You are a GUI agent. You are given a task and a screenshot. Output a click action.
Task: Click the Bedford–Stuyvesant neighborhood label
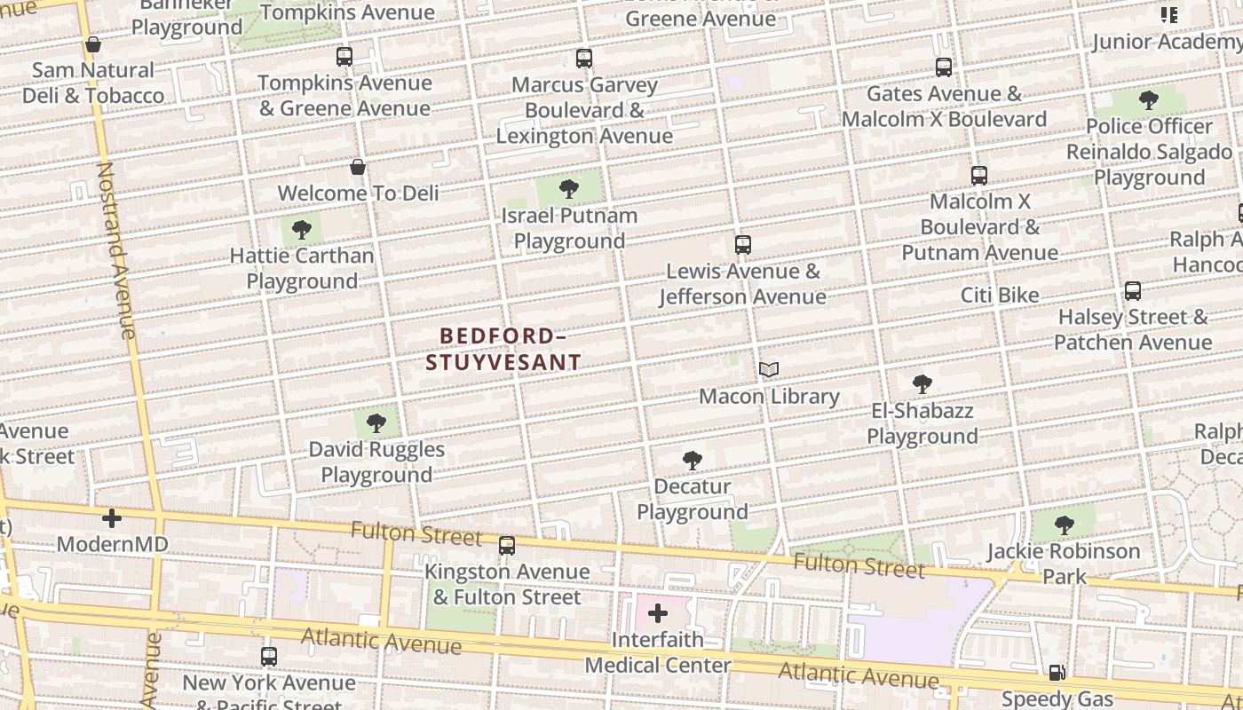pos(503,349)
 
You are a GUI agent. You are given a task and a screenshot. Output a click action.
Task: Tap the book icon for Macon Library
pos(769,370)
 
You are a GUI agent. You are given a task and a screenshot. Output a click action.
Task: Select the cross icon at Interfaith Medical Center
pos(658,613)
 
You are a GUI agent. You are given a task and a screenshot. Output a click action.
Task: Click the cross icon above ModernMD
pos(112,518)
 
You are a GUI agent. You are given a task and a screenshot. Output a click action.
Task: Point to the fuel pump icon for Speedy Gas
pos(1057,673)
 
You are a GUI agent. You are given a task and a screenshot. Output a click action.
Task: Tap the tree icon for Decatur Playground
pos(693,461)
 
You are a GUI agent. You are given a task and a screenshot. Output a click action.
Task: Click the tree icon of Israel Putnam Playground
pos(569,189)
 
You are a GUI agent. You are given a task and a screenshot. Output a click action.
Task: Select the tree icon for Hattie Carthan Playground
pos(302,230)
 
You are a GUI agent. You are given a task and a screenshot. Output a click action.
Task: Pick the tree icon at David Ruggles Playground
pos(376,422)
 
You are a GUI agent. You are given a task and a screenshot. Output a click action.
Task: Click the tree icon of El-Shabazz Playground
pos(922,384)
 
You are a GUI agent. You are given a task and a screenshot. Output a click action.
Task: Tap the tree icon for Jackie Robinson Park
pos(1065,525)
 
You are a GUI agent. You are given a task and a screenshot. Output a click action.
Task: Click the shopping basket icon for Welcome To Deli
pos(358,167)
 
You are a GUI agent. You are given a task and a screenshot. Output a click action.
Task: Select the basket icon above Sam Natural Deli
pos(93,44)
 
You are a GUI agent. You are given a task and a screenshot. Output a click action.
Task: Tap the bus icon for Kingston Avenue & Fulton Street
pos(507,546)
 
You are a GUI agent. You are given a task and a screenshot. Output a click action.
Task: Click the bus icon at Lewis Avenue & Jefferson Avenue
pos(743,245)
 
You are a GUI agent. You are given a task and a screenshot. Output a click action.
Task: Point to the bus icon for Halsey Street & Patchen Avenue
pos(1133,291)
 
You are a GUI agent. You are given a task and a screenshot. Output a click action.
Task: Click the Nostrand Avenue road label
pos(116,250)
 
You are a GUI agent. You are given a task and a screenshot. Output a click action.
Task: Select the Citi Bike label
pos(1000,295)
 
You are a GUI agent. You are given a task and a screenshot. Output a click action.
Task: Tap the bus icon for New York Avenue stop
pos(269,657)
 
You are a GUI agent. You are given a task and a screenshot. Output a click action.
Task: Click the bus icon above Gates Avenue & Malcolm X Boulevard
pos(944,67)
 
